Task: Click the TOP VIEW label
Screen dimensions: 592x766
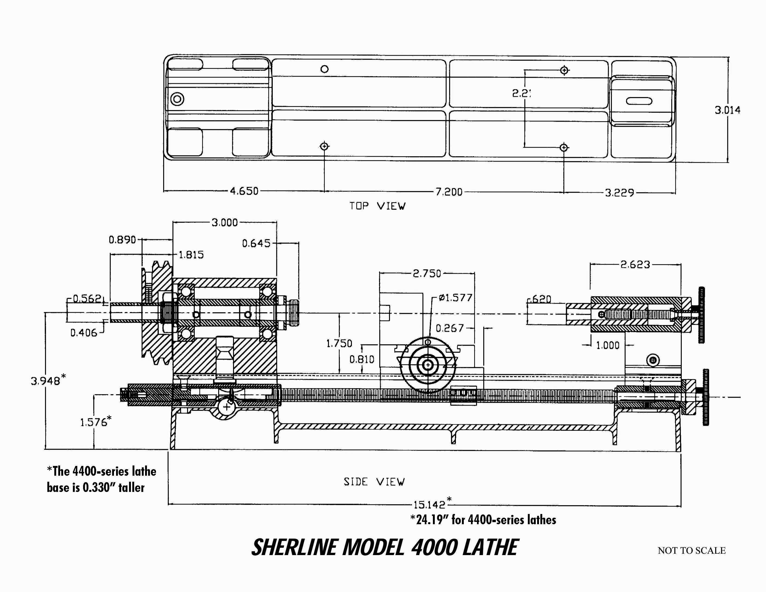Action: tap(377, 206)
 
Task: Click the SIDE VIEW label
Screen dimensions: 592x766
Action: tap(374, 482)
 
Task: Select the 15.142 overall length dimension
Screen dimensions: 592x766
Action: tap(429, 505)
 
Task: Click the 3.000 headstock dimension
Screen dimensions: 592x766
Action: tap(224, 222)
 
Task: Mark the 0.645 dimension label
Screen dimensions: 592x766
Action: tap(256, 243)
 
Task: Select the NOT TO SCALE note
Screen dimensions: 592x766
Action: tap(691, 551)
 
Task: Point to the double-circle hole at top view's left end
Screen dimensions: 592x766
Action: tap(177, 99)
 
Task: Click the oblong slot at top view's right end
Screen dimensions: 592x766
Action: tap(639, 101)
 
